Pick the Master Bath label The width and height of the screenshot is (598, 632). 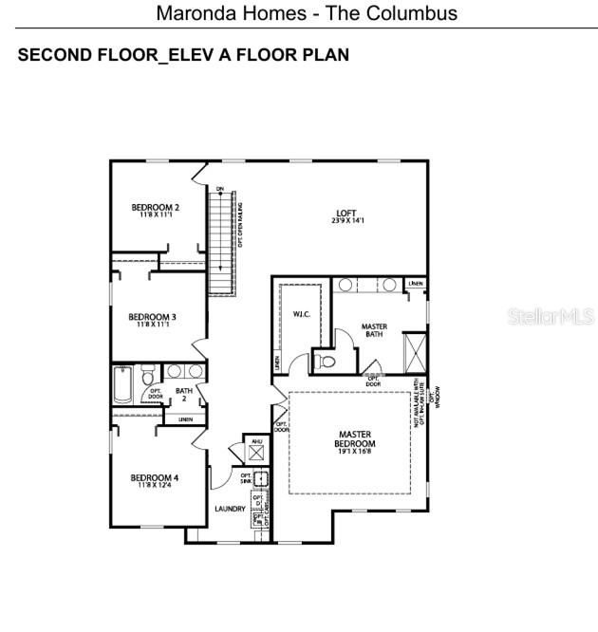click(x=374, y=331)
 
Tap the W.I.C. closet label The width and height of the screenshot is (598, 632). click(x=303, y=314)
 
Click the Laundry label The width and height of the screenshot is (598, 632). click(x=230, y=510)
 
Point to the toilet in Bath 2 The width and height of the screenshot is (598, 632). click(x=149, y=379)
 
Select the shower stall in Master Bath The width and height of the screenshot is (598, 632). click(x=416, y=351)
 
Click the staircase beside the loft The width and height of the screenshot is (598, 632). click(x=221, y=242)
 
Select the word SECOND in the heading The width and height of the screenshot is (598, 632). click(x=52, y=55)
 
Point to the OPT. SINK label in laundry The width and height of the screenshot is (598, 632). click(x=246, y=478)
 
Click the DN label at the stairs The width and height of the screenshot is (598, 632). click(x=219, y=189)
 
